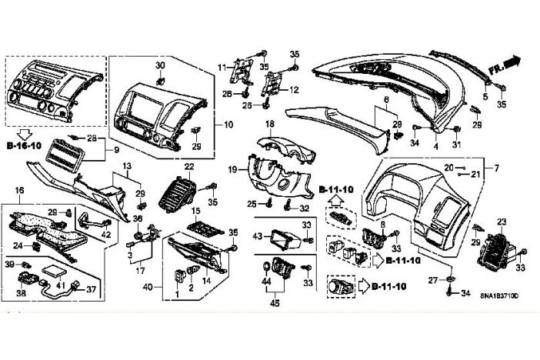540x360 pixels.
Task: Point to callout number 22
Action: click(x=189, y=167)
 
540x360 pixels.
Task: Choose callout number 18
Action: click(x=270, y=124)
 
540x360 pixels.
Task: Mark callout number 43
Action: click(x=258, y=235)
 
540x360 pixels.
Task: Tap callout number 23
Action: click(x=502, y=222)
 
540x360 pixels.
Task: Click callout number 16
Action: click(x=20, y=190)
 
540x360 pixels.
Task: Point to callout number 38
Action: click(x=22, y=293)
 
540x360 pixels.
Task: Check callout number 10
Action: click(x=228, y=124)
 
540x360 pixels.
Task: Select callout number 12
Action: click(x=293, y=90)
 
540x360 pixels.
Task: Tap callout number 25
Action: click(x=251, y=203)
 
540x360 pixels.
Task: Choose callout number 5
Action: click(x=485, y=96)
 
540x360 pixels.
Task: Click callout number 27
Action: click(x=433, y=279)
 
